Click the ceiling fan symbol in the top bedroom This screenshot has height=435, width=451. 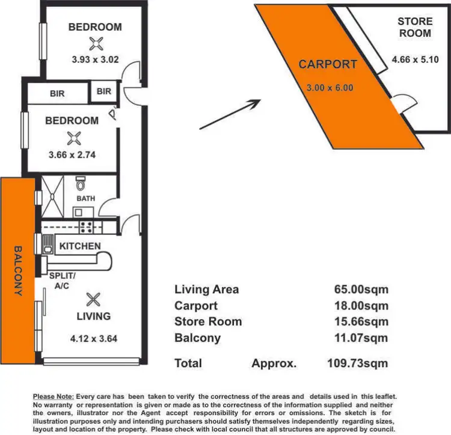95,43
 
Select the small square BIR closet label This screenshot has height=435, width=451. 103,92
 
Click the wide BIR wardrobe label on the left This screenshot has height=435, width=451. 57,94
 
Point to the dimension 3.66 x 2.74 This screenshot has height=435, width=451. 72,154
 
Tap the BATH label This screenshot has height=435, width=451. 85,198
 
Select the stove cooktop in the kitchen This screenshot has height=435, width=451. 86,227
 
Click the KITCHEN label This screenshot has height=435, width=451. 80,246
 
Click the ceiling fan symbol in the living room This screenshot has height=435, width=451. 93,299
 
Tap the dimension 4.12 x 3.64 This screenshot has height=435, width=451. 93,338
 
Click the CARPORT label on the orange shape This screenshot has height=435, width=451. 328,64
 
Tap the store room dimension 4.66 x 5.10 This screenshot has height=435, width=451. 414,59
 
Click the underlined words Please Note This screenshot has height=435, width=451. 53,397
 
